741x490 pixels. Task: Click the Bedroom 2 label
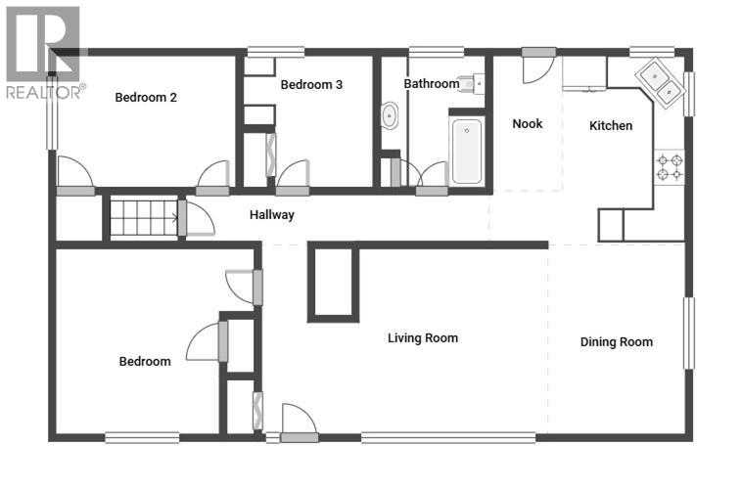(146, 97)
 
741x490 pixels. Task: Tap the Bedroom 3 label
(311, 85)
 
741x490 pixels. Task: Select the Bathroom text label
(432, 84)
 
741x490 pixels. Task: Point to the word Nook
(528, 124)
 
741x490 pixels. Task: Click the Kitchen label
(611, 126)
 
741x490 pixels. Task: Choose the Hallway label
(271, 215)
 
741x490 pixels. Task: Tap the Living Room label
(423, 338)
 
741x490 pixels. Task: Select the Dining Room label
(617, 341)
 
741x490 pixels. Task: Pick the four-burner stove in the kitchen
(670, 166)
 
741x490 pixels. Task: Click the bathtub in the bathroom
(467, 151)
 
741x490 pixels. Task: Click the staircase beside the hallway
(142, 217)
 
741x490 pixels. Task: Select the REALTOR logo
(44, 54)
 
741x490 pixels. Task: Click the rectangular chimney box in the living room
(333, 283)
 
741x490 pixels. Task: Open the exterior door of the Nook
(537, 67)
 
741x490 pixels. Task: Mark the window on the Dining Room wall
(689, 333)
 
